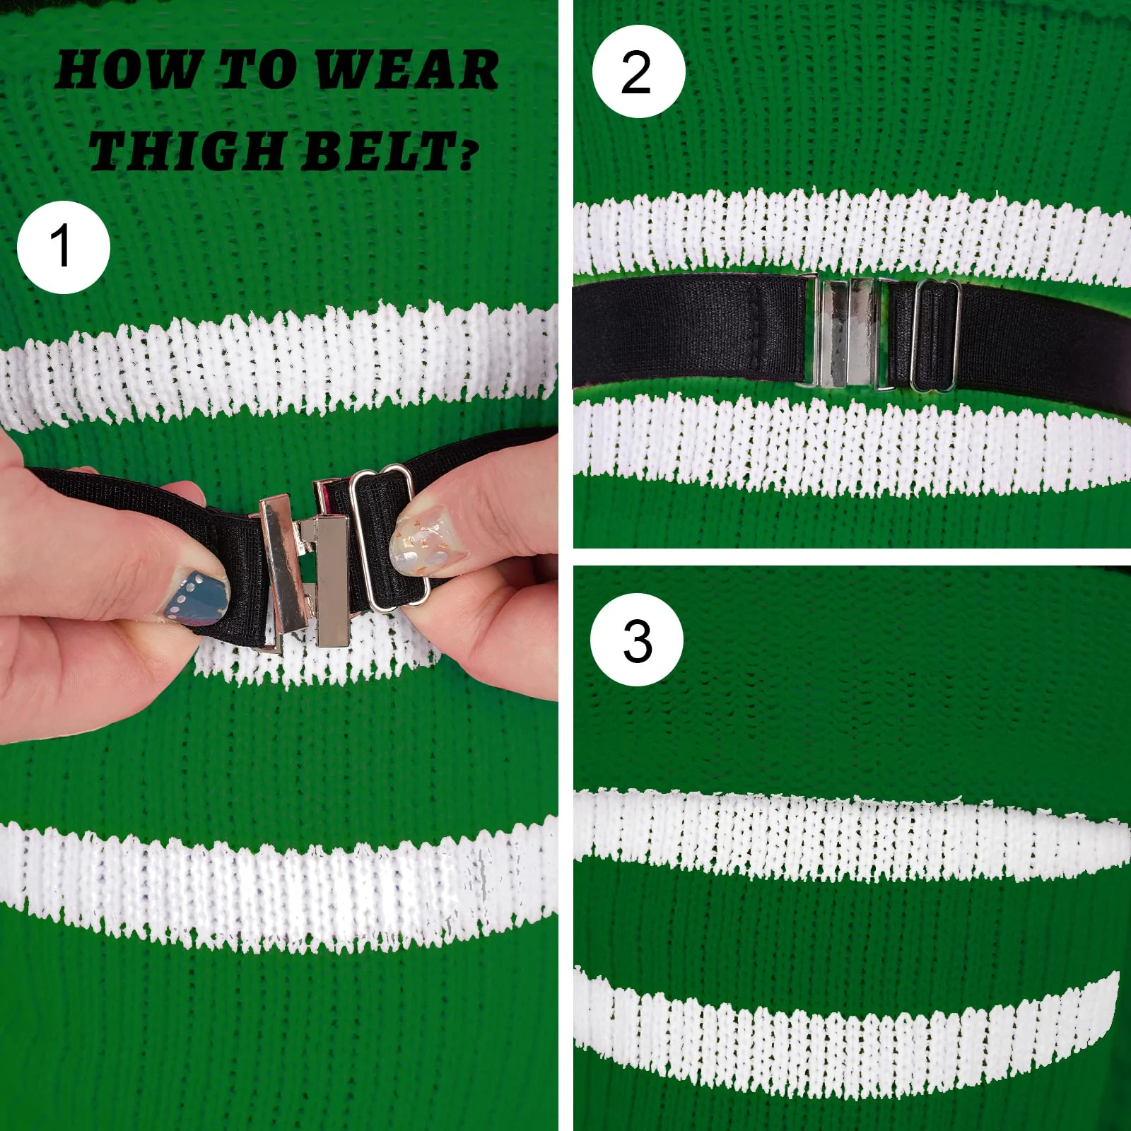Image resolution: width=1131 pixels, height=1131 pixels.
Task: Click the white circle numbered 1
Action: (x=64, y=247)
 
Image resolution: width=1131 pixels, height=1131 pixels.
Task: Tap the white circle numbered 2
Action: (x=638, y=71)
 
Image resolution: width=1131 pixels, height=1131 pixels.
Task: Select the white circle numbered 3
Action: (x=637, y=640)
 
